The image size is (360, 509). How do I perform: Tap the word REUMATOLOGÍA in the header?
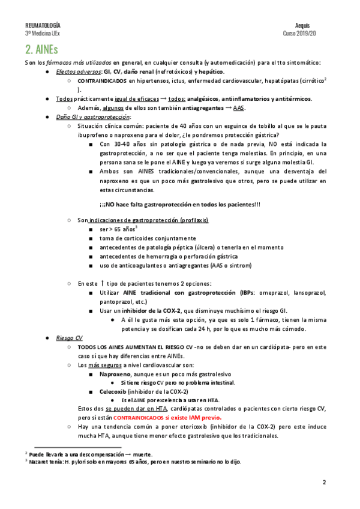tap(42, 25)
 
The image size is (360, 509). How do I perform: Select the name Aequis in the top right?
tap(304, 25)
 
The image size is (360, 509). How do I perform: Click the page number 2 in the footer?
tap(324, 482)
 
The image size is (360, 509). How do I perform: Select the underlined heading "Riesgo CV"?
tap(68, 338)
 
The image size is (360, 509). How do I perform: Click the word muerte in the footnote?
tap(142, 454)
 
